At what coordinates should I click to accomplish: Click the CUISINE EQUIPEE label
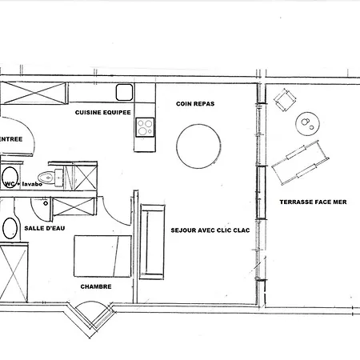(x=103, y=112)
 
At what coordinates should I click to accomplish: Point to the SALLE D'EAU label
(x=44, y=229)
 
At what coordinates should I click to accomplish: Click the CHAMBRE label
(x=95, y=286)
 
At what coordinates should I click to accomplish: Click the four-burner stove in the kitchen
(x=145, y=126)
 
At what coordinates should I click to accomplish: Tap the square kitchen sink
(x=125, y=91)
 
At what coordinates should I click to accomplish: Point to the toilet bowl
(x=48, y=178)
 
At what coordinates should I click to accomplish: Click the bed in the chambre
(x=102, y=255)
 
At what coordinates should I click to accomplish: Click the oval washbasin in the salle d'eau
(x=10, y=227)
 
